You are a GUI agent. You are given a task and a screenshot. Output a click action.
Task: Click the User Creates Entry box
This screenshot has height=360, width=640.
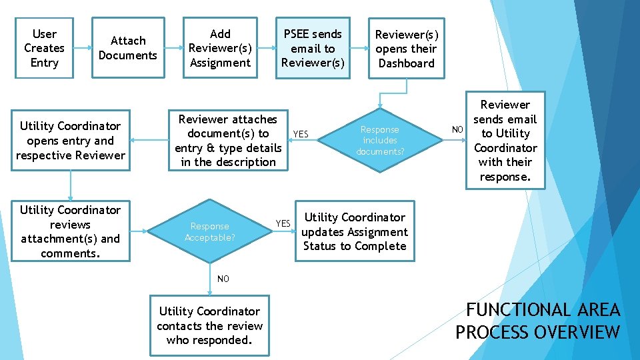44,48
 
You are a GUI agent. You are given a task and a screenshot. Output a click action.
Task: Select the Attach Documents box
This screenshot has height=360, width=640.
127,48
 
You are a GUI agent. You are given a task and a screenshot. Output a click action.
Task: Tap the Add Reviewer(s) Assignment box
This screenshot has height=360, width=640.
220,48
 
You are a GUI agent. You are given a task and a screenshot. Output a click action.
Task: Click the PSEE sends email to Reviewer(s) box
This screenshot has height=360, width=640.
313,48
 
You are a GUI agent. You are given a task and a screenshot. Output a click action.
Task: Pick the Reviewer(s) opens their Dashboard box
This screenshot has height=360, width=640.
405,49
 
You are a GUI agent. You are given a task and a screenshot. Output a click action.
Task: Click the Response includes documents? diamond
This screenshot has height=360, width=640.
380,141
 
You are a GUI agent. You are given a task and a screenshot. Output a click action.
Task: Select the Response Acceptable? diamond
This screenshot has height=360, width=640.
209,231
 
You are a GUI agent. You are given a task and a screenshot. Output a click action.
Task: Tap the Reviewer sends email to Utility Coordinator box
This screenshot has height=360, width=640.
505,141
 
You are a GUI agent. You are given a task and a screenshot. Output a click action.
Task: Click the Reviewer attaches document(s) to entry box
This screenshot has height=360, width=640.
227,141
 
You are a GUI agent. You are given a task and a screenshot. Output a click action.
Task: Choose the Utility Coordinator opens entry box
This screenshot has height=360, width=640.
70,141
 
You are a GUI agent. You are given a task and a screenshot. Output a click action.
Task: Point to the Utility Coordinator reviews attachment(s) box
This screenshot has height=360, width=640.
70,231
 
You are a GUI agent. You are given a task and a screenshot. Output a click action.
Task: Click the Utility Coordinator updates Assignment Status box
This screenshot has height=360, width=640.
354,231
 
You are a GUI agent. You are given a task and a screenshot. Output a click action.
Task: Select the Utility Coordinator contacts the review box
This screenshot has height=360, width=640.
209,325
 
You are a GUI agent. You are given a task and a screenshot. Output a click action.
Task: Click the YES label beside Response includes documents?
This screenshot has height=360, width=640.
301,134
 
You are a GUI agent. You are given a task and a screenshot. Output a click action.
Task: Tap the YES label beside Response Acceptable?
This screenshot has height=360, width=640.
283,223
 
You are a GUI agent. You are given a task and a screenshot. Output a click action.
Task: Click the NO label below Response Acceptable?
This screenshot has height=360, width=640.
223,279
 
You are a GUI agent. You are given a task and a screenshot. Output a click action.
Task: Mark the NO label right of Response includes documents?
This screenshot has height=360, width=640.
457,129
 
